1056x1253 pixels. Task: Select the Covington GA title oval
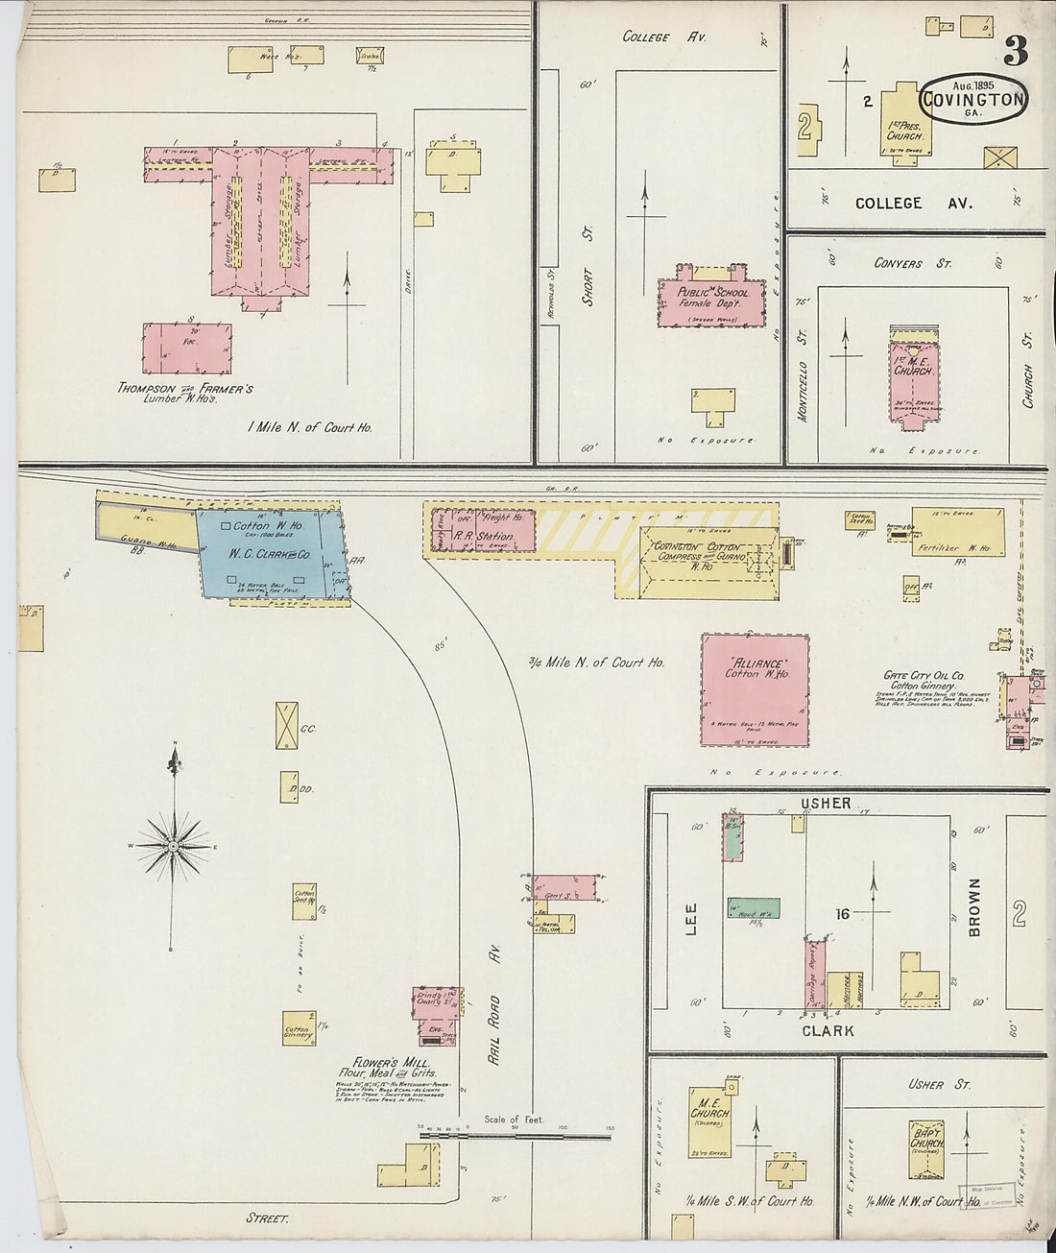974,99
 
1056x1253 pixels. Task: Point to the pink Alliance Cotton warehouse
755,689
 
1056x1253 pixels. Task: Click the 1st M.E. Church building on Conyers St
915,377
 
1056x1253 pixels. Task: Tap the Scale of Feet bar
515,1136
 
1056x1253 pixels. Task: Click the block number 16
842,914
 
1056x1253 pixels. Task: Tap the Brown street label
974,907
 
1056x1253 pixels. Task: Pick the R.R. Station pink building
483,530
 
